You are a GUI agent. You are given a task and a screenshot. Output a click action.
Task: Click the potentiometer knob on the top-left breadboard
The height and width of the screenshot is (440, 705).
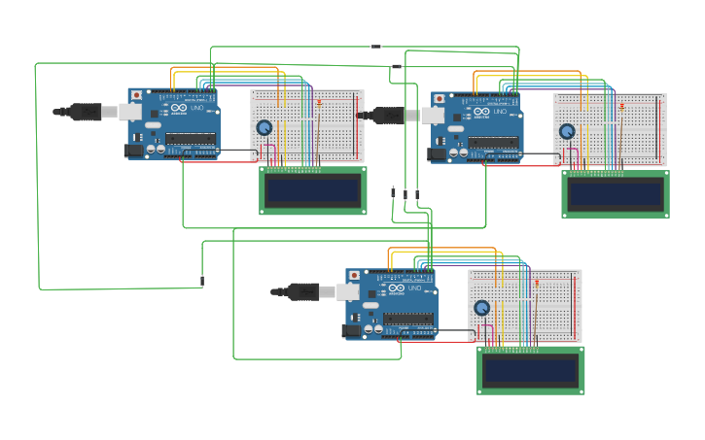(x=264, y=128)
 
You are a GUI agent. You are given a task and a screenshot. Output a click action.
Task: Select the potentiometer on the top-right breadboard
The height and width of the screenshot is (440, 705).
(x=567, y=131)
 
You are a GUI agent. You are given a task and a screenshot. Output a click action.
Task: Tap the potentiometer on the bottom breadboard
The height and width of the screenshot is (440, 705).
(x=481, y=308)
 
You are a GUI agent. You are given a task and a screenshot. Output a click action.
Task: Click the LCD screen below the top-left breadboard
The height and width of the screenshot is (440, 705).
(x=313, y=190)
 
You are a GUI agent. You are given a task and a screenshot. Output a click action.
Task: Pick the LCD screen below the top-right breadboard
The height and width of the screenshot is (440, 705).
(x=616, y=194)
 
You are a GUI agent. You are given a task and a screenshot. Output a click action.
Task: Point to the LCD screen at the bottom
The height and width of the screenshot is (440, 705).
(x=530, y=371)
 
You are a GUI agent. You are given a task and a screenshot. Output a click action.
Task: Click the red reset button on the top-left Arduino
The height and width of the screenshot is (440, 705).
(x=136, y=95)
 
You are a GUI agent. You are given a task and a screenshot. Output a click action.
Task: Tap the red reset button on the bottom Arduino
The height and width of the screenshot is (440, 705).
(x=354, y=276)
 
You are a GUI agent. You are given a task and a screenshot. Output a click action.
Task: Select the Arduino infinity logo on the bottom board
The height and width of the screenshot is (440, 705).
(x=397, y=288)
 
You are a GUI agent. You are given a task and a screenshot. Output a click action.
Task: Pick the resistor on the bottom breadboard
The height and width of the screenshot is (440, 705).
(x=537, y=283)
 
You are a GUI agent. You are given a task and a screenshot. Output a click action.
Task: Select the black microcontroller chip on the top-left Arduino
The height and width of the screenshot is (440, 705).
(x=190, y=139)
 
